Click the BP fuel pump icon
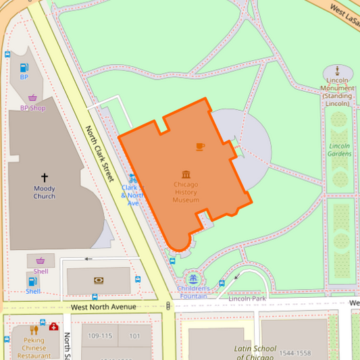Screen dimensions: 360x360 [x=24, y=68]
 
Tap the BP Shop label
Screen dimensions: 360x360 [x=32, y=107]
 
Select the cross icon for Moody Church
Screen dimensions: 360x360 [x=45, y=178]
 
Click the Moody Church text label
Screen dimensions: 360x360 [x=45, y=192]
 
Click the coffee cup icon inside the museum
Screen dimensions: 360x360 [x=200, y=146]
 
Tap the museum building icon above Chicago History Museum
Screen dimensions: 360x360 [x=186, y=174]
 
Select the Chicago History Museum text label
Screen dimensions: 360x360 [x=186, y=192]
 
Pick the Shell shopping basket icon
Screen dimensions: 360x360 [x=41, y=261]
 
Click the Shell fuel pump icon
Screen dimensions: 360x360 [x=32, y=280]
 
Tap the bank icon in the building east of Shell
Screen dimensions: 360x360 [x=99, y=280]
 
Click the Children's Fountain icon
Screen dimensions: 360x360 [x=194, y=278]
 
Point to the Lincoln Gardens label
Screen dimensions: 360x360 [x=340, y=149]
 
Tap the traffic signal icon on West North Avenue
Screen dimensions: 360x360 [x=168, y=306]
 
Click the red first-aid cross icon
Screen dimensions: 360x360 [x=53, y=326]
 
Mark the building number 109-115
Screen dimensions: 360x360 [x=99, y=336]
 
